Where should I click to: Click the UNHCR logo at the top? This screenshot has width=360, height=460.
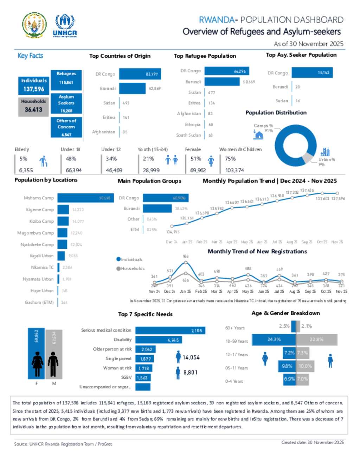(x=65, y=25)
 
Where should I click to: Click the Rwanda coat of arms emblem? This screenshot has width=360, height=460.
(x=34, y=25)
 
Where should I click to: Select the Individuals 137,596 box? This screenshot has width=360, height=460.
(x=34, y=85)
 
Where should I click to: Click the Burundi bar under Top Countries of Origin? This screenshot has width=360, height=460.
(x=132, y=88)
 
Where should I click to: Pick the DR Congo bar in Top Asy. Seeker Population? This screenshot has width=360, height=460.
(x=312, y=72)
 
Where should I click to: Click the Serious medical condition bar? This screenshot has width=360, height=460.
(x=170, y=330)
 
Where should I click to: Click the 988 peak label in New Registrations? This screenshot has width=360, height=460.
(x=186, y=256)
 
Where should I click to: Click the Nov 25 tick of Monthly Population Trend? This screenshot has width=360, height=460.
(x=337, y=242)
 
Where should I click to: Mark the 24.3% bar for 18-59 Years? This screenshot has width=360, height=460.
(x=274, y=339)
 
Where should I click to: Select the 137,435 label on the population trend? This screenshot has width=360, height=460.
(x=307, y=190)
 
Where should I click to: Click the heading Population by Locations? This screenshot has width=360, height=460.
(x=46, y=180)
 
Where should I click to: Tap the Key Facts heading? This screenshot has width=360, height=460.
(x=30, y=56)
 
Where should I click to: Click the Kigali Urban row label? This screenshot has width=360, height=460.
(x=41, y=256)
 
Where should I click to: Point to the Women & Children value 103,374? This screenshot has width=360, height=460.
(x=234, y=170)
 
